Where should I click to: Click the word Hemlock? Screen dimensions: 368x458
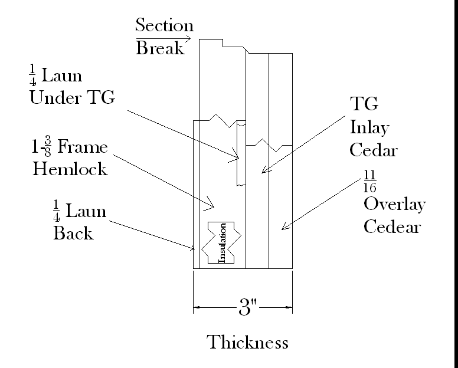(x=70, y=169)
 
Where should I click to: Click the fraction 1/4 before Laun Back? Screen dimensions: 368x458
(x=57, y=211)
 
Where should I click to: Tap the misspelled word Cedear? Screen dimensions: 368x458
(x=392, y=226)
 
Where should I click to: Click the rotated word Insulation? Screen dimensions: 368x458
(x=223, y=242)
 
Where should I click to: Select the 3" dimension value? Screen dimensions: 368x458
(x=245, y=307)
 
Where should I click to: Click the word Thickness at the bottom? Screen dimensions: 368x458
(x=248, y=342)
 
